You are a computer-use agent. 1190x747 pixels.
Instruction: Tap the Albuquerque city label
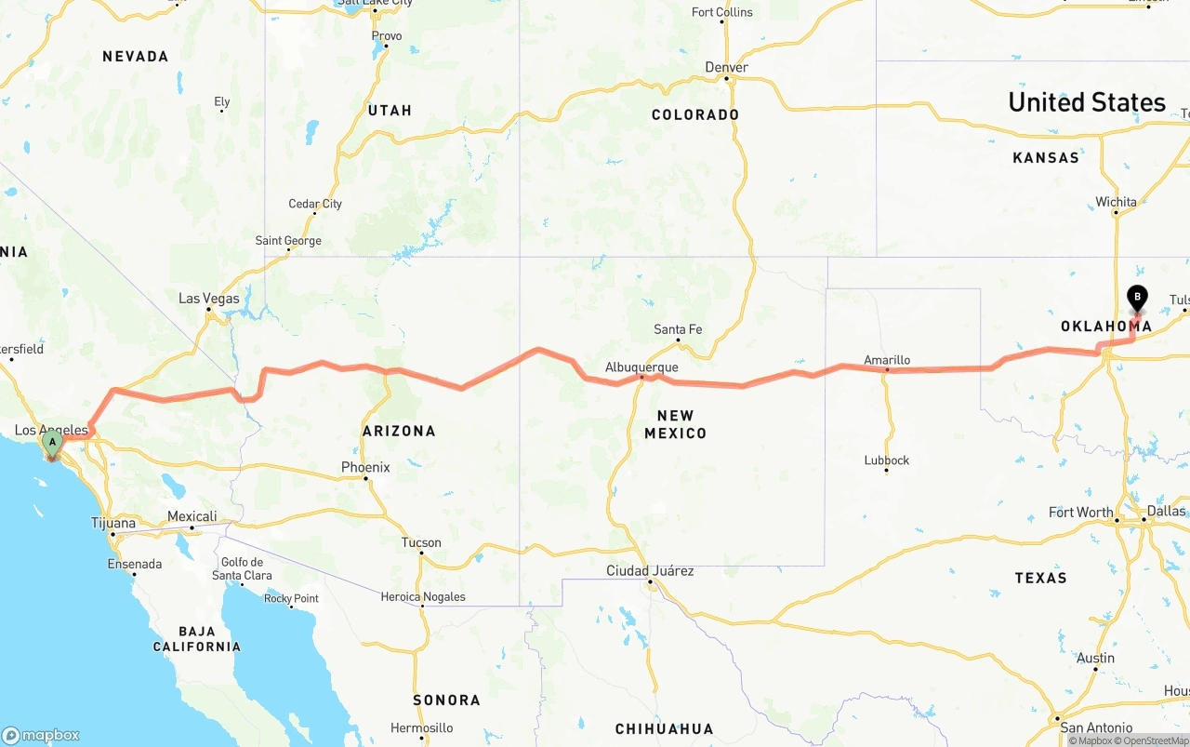click(x=641, y=367)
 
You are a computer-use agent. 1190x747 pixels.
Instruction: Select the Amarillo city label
click(x=887, y=360)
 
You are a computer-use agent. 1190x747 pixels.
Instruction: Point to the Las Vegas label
click(x=209, y=299)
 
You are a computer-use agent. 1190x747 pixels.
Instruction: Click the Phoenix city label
click(x=365, y=467)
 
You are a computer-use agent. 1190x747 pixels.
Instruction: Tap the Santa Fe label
click(x=678, y=329)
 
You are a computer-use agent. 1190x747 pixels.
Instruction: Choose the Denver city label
click(x=726, y=67)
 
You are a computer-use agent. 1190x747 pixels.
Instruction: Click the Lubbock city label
click(x=886, y=460)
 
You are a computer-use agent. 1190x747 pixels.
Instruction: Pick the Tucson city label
click(x=421, y=542)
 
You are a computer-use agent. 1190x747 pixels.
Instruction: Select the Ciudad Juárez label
click(x=650, y=570)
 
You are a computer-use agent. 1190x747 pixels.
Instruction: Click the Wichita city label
click(x=1116, y=202)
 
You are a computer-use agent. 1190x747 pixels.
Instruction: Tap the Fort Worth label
click(x=1080, y=513)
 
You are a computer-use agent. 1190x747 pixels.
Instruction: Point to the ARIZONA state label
click(x=399, y=431)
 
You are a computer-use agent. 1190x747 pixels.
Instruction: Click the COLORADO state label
click(x=695, y=114)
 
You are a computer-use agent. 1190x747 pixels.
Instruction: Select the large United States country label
click(x=1087, y=102)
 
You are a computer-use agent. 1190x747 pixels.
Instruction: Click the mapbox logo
click(x=41, y=735)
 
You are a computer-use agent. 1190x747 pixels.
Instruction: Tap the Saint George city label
click(x=288, y=241)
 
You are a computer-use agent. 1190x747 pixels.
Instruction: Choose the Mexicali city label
click(x=192, y=516)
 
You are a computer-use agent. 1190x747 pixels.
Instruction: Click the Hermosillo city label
click(x=422, y=727)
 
